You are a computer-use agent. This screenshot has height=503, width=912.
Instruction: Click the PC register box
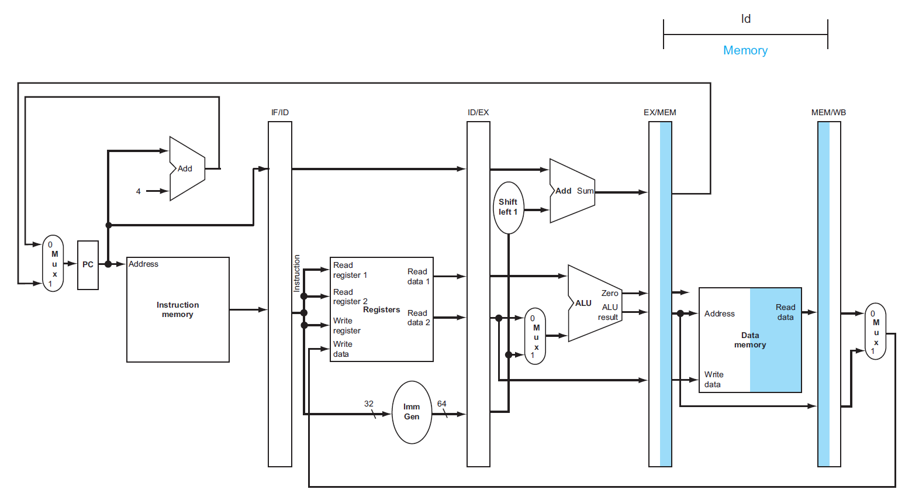click(x=88, y=265)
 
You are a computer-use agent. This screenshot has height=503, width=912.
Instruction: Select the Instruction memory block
click(x=178, y=309)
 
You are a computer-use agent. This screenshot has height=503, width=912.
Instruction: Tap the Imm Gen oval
click(x=412, y=412)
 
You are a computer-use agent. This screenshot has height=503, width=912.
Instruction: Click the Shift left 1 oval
click(x=508, y=207)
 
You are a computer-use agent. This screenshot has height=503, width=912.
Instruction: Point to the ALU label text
click(x=583, y=303)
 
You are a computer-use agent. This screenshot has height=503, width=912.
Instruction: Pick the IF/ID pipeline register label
click(x=280, y=112)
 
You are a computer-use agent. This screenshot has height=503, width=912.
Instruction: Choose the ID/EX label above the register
click(x=478, y=112)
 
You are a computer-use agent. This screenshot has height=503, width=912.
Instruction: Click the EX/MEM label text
click(x=660, y=112)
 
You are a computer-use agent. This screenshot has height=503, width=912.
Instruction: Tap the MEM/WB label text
click(x=828, y=112)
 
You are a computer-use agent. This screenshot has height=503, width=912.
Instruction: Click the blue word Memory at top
click(x=745, y=50)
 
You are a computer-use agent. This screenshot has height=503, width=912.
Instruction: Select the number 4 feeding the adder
click(x=139, y=191)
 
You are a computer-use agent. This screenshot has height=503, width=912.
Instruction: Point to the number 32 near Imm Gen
click(x=369, y=404)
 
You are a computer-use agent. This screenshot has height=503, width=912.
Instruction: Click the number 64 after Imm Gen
click(x=442, y=404)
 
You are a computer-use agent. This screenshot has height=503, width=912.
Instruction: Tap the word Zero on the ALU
click(x=610, y=293)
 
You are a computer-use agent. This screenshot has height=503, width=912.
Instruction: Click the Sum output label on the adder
click(x=585, y=191)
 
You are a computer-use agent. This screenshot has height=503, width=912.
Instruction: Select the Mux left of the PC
click(x=53, y=264)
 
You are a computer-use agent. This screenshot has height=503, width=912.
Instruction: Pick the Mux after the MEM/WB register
click(x=875, y=331)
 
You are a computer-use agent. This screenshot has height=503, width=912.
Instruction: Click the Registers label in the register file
click(x=382, y=309)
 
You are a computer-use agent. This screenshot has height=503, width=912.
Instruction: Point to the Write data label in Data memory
click(x=713, y=379)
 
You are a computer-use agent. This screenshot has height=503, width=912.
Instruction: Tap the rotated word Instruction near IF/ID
click(x=297, y=273)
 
